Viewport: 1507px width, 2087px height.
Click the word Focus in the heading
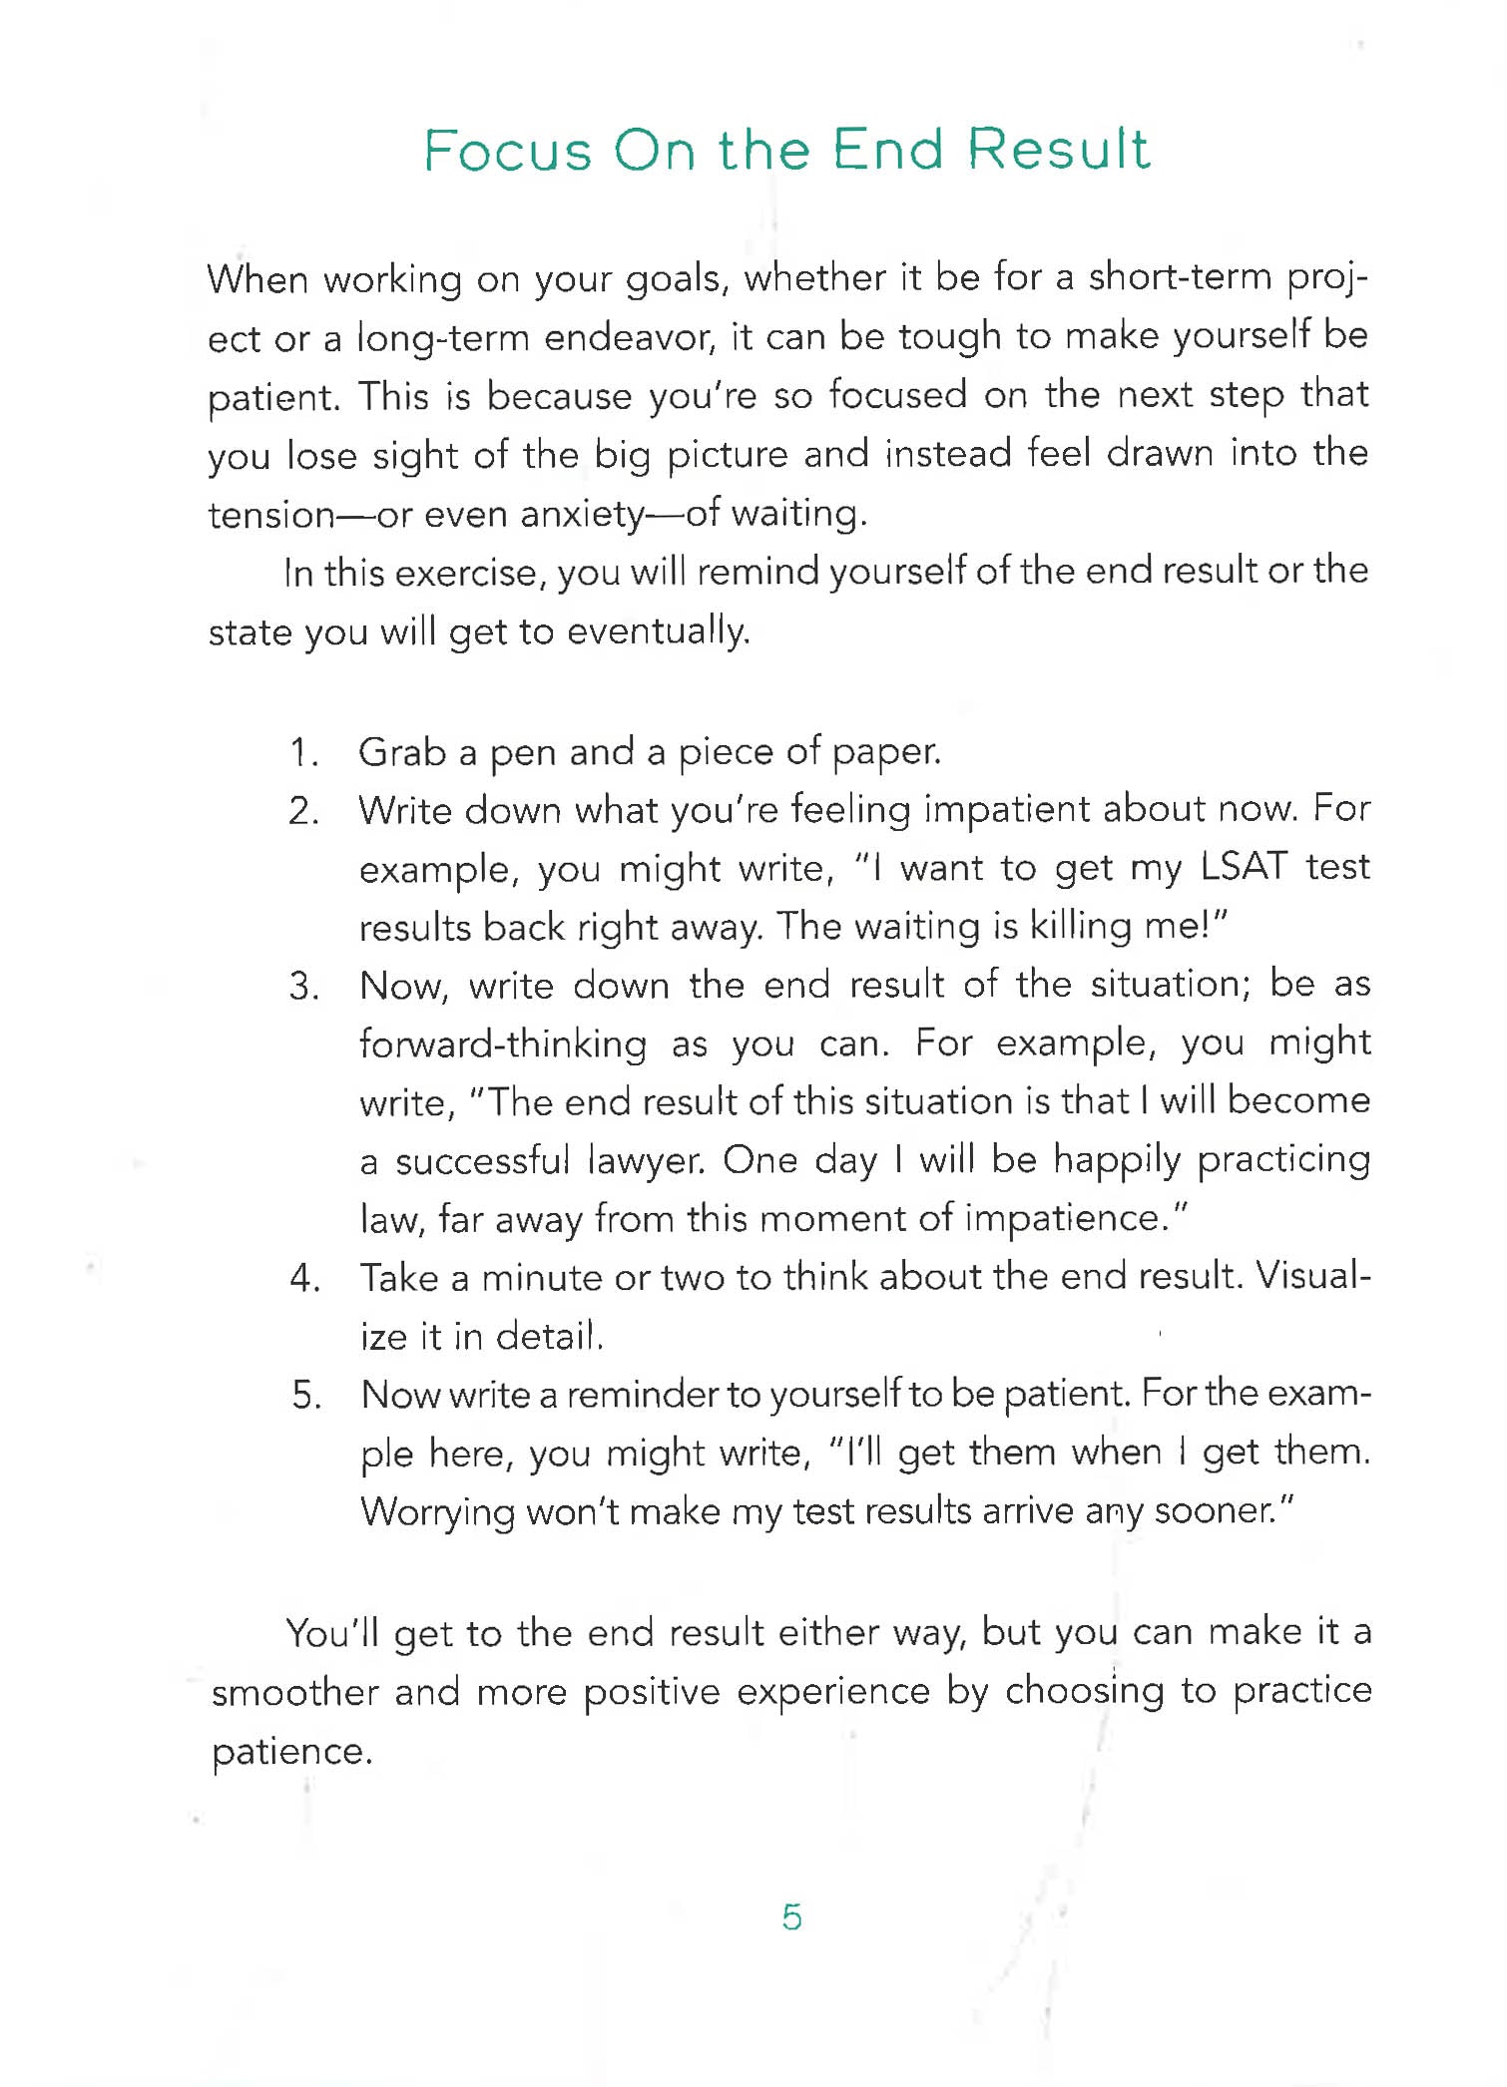point(508,152)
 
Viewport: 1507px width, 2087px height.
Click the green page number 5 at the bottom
point(791,1916)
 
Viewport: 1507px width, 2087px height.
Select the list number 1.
point(302,752)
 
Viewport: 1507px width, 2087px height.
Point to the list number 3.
point(303,987)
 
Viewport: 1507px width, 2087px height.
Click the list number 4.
point(303,1278)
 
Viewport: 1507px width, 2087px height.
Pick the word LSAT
point(1244,867)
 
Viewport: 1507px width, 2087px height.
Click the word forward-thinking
point(503,1044)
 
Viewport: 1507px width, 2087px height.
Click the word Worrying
point(437,1512)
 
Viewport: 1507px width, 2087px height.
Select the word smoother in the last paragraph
point(294,1693)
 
